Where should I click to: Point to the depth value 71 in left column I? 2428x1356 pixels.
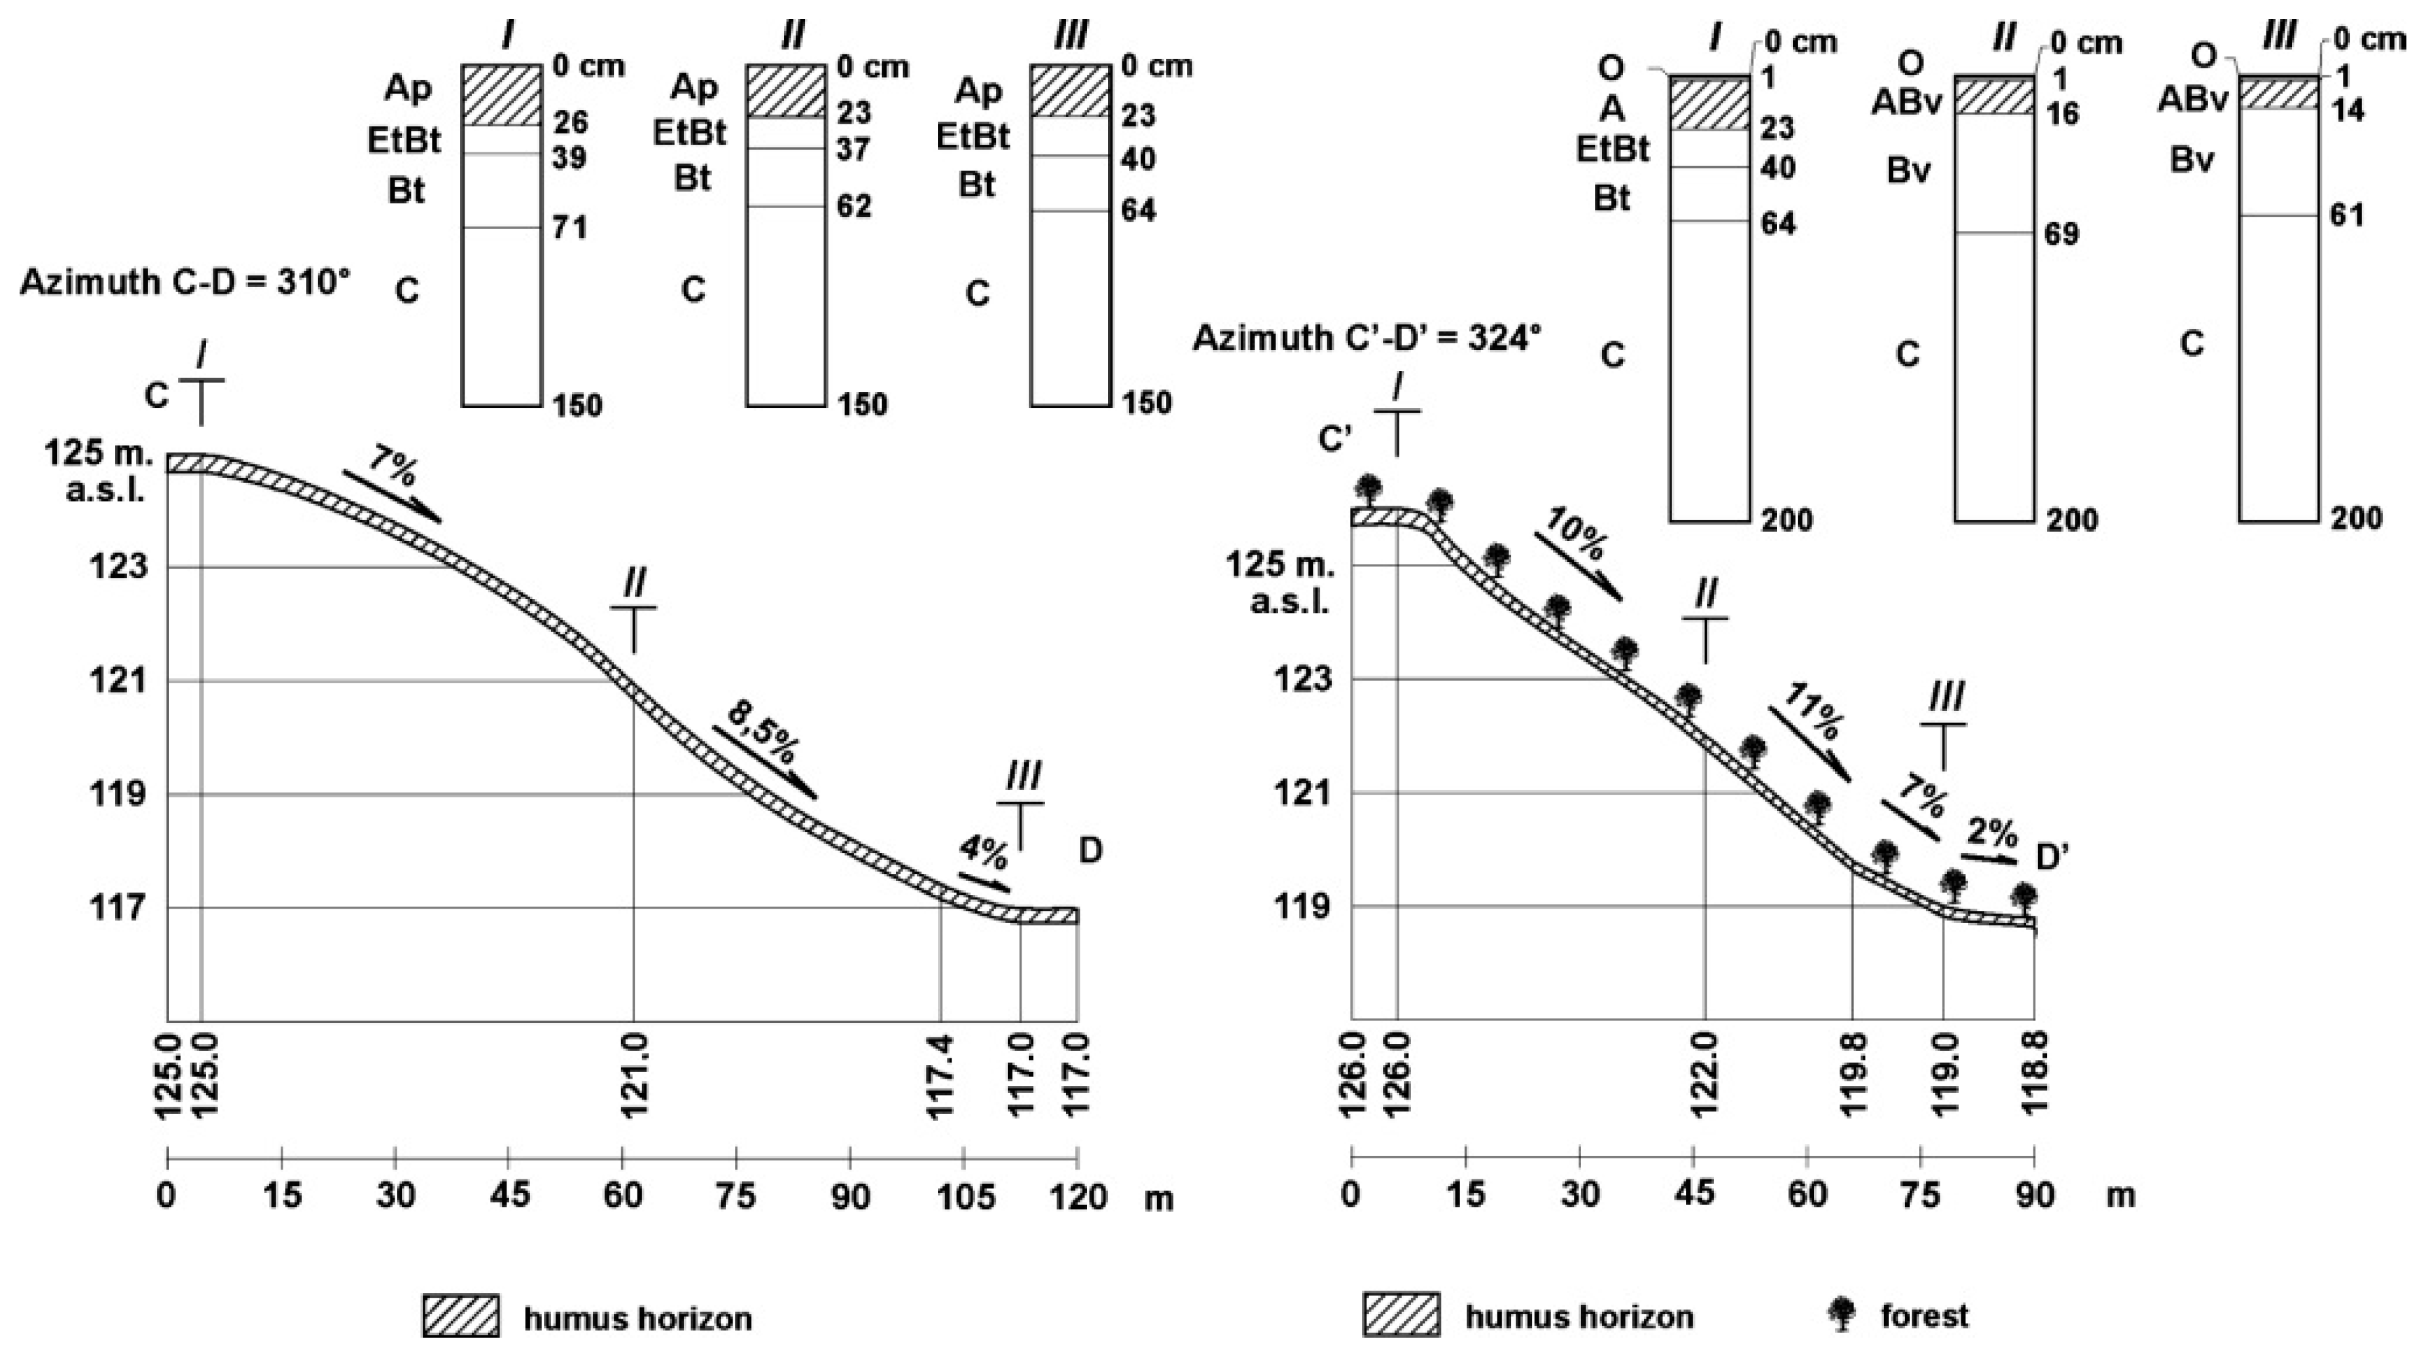coord(569,227)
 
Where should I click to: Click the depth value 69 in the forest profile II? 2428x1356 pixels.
coord(2062,234)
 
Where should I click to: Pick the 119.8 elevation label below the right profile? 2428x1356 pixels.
coord(1854,1075)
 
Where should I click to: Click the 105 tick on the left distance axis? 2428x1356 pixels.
coord(966,1196)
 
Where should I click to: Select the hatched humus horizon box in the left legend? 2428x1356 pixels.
coord(460,1315)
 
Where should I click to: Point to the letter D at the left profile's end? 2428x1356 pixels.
coord(1090,851)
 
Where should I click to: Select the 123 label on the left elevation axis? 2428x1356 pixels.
coord(120,567)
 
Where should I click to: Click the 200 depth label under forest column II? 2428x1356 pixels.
coord(2072,519)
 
